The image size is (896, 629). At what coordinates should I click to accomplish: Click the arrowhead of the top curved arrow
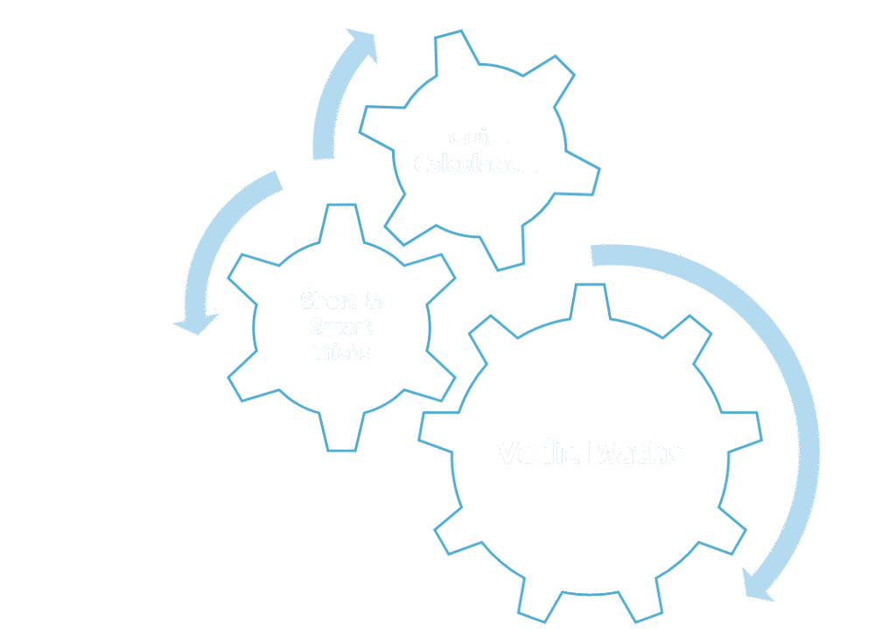361,45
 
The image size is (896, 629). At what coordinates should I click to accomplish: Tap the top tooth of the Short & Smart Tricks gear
340,220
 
